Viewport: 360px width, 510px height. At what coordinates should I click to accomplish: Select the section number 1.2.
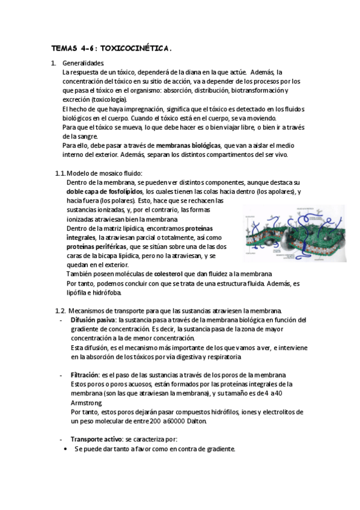[x=60, y=310]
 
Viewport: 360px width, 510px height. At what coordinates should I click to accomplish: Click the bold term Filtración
[x=85, y=375]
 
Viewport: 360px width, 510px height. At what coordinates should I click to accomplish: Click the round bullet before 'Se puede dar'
[x=66, y=449]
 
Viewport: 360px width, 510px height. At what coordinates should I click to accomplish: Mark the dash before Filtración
[x=63, y=375]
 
